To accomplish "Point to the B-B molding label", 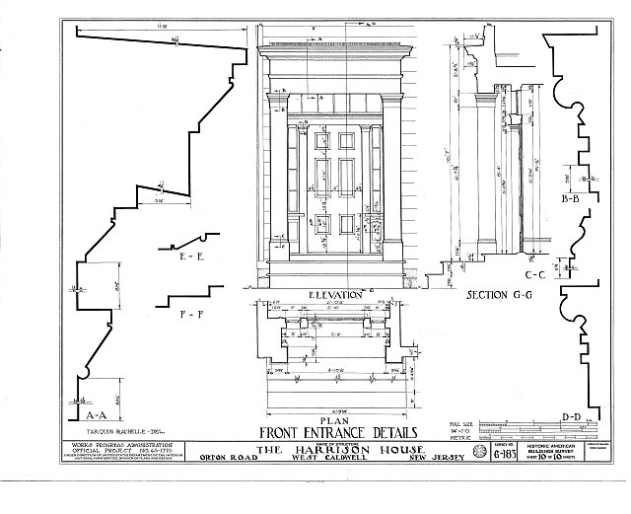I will pos(569,199).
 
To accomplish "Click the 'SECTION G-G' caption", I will pos(493,295).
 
